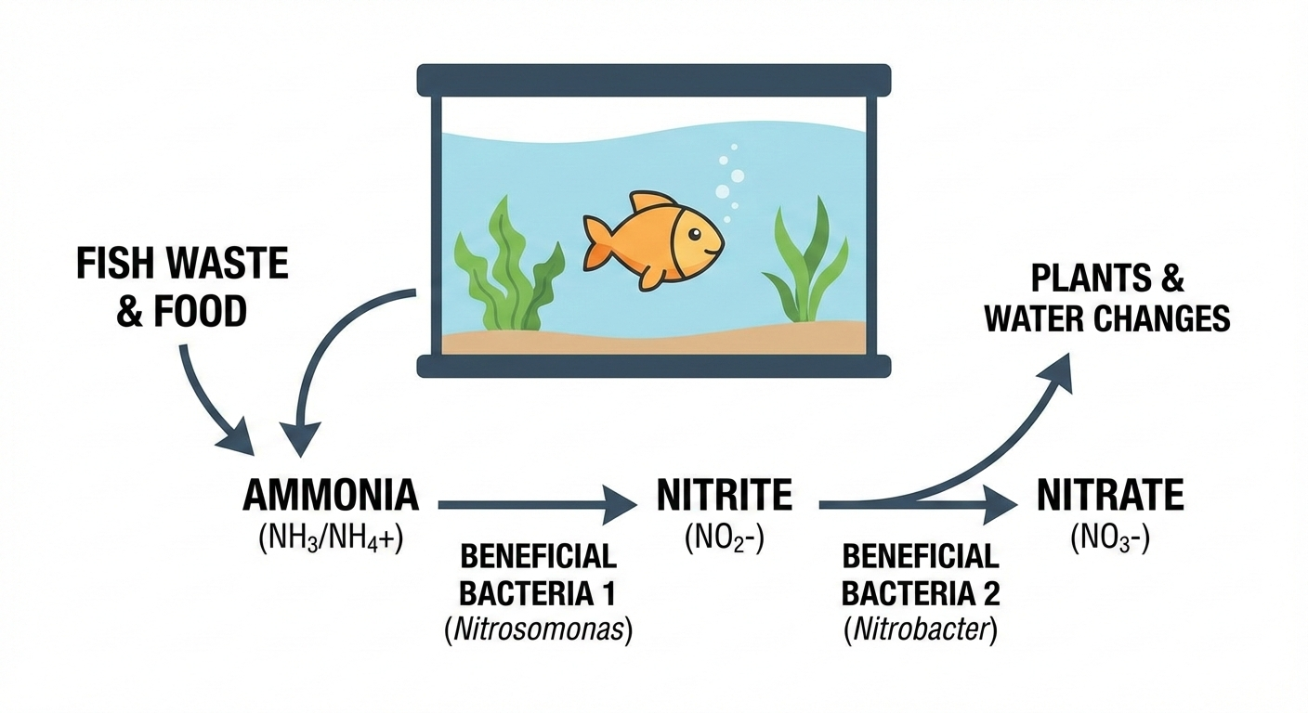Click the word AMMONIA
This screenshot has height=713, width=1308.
331,497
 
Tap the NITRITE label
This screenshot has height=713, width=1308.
725,497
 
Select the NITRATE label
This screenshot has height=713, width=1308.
1110,497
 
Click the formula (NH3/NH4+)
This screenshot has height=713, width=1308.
331,538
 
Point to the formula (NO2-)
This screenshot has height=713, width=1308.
725,538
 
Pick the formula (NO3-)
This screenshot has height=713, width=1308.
1110,538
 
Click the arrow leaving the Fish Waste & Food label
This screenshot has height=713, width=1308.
209,395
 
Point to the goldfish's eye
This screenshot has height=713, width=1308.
697,234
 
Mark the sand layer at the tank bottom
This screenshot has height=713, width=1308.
653,339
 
